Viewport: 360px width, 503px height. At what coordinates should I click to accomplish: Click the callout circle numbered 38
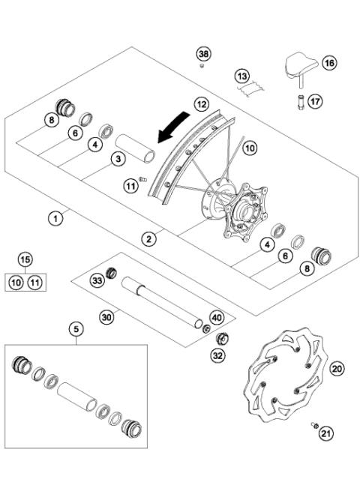(x=203, y=54)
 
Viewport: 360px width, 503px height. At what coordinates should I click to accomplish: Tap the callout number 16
(x=329, y=62)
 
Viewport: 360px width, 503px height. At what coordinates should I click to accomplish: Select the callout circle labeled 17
(x=315, y=101)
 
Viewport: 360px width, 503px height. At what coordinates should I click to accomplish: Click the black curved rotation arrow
(x=173, y=127)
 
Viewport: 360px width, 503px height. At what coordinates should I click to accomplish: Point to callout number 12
(x=202, y=104)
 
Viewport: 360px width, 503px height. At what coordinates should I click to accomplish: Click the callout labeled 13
(x=242, y=76)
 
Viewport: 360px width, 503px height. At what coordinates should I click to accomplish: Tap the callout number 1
(x=55, y=219)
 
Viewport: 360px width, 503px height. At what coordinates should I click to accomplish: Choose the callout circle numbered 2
(x=149, y=239)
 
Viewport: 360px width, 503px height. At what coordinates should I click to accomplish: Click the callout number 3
(x=118, y=158)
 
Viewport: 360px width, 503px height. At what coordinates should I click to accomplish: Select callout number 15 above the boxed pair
(x=25, y=259)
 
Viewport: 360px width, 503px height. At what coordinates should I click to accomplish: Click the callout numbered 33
(x=97, y=280)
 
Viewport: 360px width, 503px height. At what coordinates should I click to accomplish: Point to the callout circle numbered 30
(x=106, y=317)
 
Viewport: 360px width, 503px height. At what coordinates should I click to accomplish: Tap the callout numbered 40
(x=217, y=318)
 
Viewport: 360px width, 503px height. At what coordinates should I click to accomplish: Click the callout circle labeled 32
(x=217, y=355)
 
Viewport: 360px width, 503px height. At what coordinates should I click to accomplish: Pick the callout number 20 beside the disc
(x=337, y=369)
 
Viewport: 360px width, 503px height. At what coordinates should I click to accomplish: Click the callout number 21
(x=326, y=434)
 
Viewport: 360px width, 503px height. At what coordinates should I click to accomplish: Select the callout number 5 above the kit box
(x=76, y=329)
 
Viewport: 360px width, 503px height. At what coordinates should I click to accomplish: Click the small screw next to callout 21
(x=314, y=425)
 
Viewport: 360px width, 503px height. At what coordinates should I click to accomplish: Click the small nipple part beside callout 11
(x=142, y=179)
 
